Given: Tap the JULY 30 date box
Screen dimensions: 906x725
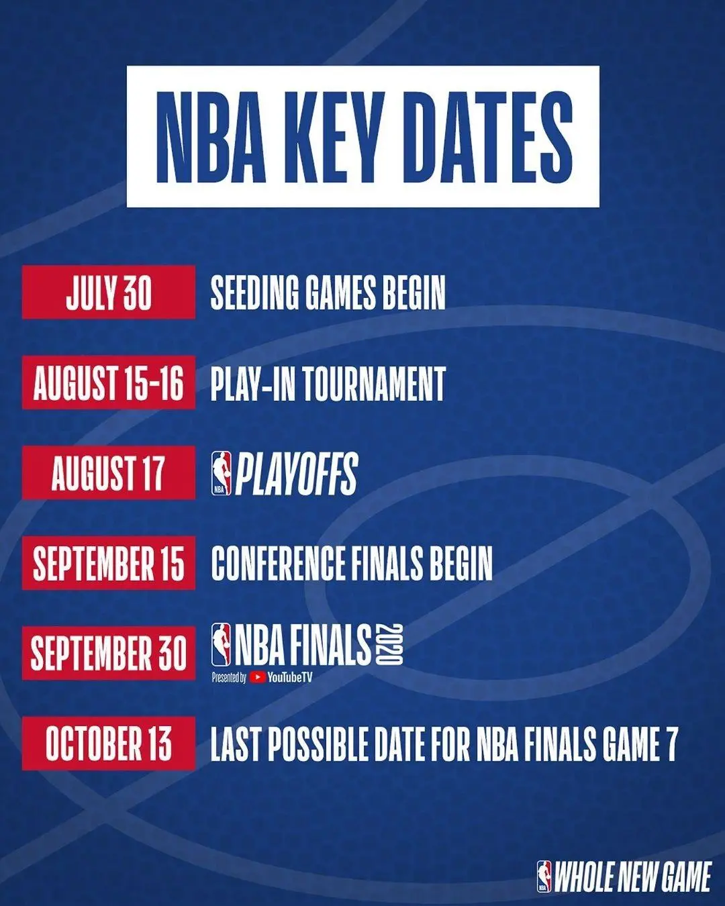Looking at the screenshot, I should (x=109, y=292).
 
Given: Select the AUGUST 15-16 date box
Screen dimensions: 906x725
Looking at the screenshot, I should (x=109, y=383).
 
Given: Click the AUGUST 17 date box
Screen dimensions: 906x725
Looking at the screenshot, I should (x=109, y=472).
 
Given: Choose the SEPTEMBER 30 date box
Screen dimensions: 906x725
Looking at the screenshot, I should (x=109, y=652).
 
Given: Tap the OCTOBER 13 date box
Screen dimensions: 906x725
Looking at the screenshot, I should (x=109, y=743).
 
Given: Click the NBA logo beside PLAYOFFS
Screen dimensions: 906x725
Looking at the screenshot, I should (x=221, y=473).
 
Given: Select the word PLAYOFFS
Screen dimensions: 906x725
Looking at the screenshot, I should (x=296, y=474).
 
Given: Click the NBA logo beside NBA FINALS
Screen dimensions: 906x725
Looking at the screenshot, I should (x=221, y=644).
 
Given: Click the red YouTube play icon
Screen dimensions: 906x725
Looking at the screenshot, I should (x=257, y=677).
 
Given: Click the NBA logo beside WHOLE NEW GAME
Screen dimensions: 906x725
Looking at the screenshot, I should (x=544, y=876).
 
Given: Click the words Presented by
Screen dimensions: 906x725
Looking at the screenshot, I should (x=229, y=678).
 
